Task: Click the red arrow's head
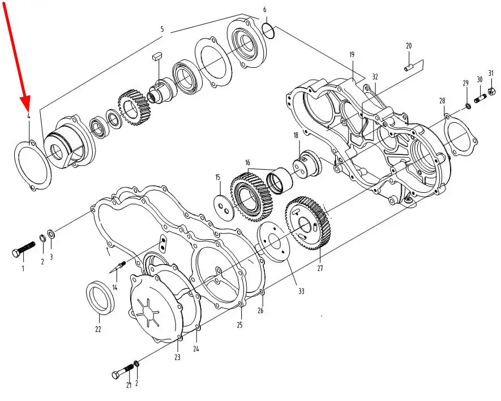pyautogui.click(x=25, y=102)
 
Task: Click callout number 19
pyautogui.click(x=352, y=55)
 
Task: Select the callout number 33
pyautogui.click(x=301, y=291)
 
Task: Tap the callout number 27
pyautogui.click(x=320, y=268)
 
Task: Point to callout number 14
pyautogui.click(x=115, y=287)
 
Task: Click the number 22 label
pyautogui.click(x=98, y=329)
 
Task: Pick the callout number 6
pyautogui.click(x=264, y=10)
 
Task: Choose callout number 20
pyautogui.click(x=409, y=46)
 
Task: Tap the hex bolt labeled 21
pyautogui.click(x=123, y=371)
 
